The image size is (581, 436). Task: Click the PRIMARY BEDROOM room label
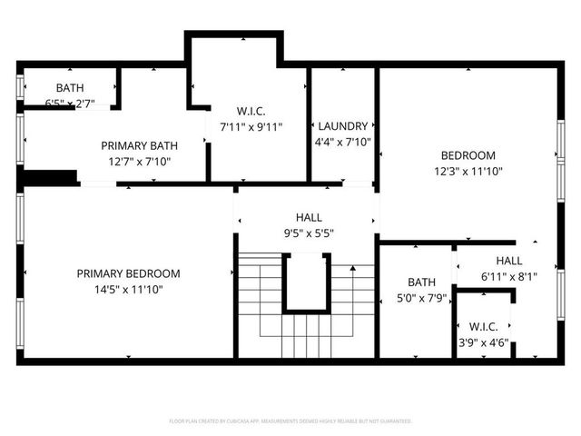click(x=128, y=273)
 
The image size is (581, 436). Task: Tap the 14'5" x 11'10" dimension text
click(x=128, y=290)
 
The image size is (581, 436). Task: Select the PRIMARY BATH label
click(x=139, y=145)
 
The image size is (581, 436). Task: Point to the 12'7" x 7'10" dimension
click(x=139, y=162)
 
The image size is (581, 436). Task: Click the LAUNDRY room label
click(x=342, y=125)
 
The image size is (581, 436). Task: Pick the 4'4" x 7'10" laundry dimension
click(x=342, y=142)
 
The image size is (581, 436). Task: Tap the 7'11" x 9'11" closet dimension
click(x=251, y=127)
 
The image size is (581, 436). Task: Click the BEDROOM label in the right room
click(x=468, y=154)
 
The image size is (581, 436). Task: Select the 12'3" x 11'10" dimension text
click(x=468, y=171)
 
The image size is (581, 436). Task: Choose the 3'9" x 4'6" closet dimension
click(x=482, y=342)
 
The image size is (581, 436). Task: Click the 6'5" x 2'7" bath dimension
click(x=69, y=104)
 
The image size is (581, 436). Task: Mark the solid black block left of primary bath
click(x=48, y=177)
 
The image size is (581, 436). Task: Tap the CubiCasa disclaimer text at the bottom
click(x=290, y=421)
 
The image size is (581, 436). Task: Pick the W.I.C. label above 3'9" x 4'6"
click(x=482, y=326)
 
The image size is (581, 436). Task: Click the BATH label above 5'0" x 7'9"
click(x=421, y=282)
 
